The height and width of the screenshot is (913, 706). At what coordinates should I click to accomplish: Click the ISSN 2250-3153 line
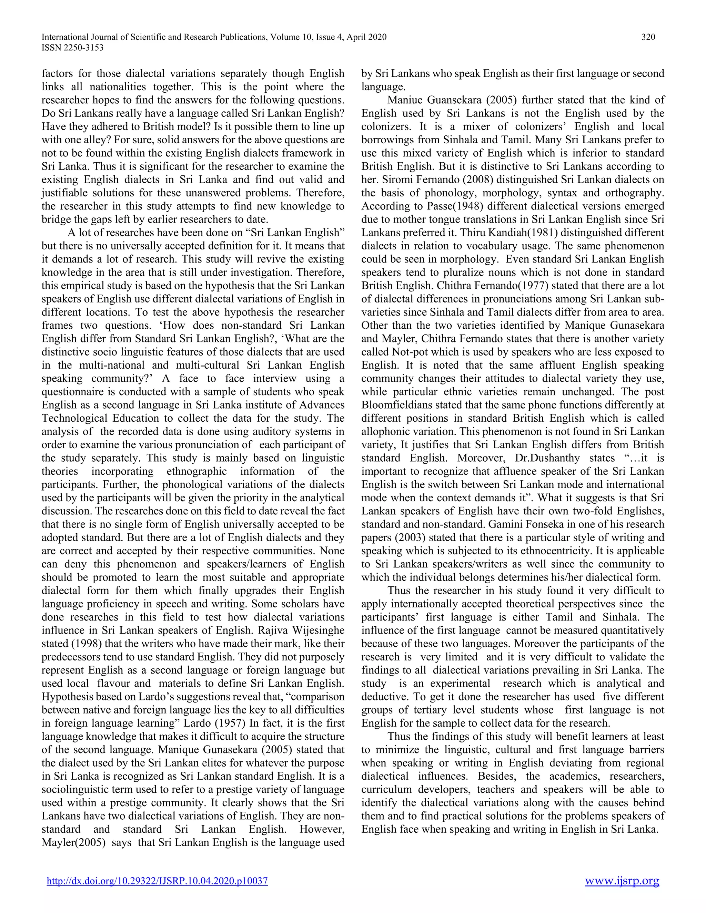72,48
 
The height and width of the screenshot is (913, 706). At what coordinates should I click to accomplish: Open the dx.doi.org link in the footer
157,881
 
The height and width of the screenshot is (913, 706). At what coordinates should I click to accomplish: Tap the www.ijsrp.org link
622,881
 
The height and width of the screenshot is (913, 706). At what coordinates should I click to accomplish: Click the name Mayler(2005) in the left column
73,842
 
